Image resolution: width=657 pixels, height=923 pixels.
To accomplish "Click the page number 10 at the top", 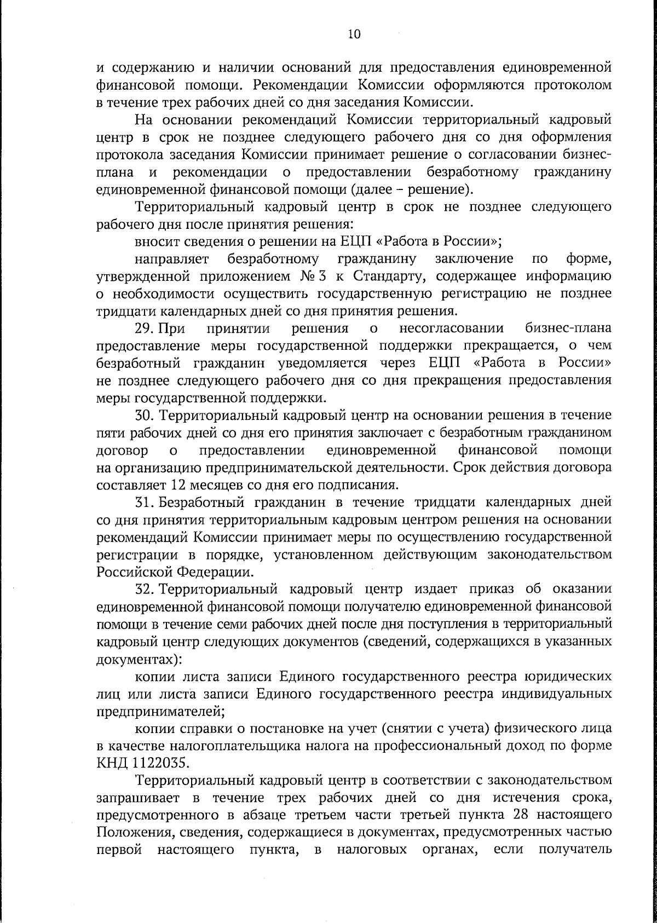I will point(354,34).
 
